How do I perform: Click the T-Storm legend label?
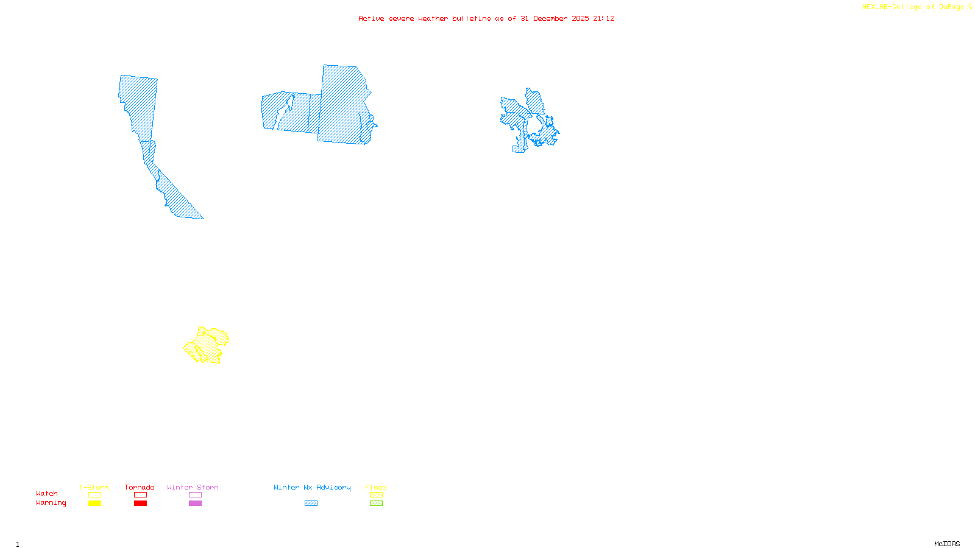coord(94,487)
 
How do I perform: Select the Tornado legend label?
coord(140,487)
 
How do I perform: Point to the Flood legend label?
coord(376,487)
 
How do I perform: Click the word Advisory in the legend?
coord(333,487)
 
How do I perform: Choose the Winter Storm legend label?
coord(193,487)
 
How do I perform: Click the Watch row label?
coord(47,493)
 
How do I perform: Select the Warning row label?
coord(51,503)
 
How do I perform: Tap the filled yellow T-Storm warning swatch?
coord(94,504)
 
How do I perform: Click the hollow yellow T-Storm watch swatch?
coord(94,495)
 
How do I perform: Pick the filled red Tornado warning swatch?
coord(140,504)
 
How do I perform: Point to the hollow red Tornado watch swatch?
coord(140,495)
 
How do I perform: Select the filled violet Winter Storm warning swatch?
coord(195,504)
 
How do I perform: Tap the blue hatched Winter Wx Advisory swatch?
coord(311,504)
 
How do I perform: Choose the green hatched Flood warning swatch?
coord(376,504)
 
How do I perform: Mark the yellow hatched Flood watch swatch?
coord(376,495)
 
